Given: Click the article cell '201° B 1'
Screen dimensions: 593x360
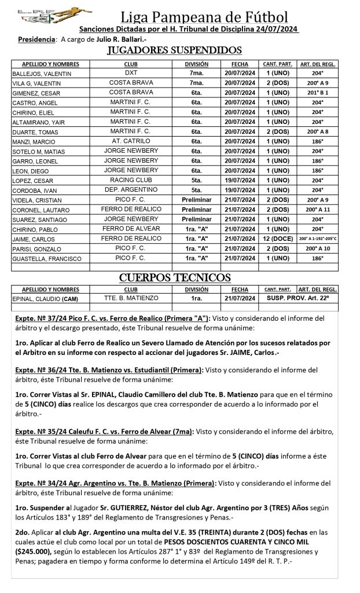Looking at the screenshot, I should pyautogui.click(x=318, y=93).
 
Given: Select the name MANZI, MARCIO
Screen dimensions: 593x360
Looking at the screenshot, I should pyautogui.click(x=31, y=141).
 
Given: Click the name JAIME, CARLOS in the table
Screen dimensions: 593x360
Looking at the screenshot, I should pyautogui.click(x=30, y=239).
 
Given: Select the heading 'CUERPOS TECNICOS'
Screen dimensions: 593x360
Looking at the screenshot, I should pyautogui.click(x=175, y=278).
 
